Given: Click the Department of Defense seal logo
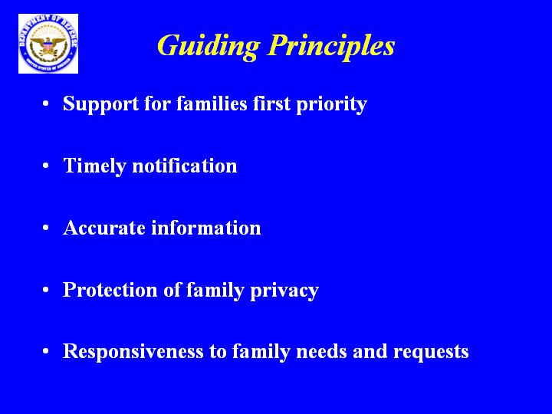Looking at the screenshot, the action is (48, 44).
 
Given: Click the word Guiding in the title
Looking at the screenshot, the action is (209, 47).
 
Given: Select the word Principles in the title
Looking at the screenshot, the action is (331, 47).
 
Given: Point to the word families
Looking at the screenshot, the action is (212, 103).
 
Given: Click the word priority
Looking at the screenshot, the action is (332, 104).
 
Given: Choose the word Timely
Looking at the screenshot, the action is (94, 166).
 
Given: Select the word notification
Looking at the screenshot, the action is (185, 165).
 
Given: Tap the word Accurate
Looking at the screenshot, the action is (104, 228).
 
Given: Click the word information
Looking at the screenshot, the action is (206, 227).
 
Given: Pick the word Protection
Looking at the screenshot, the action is (110, 289).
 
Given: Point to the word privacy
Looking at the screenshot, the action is (284, 291).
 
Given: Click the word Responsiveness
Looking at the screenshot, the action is (133, 351).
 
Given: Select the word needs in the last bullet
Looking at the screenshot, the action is (321, 351).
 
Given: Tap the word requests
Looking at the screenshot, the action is (431, 353).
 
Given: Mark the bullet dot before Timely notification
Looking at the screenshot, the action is (45, 166).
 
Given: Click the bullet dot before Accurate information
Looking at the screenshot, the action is (45, 228).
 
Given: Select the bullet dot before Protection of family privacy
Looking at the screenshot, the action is (45, 290).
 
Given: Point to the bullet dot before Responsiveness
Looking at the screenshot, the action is (45, 351).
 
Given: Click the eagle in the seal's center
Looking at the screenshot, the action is (48, 46).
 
